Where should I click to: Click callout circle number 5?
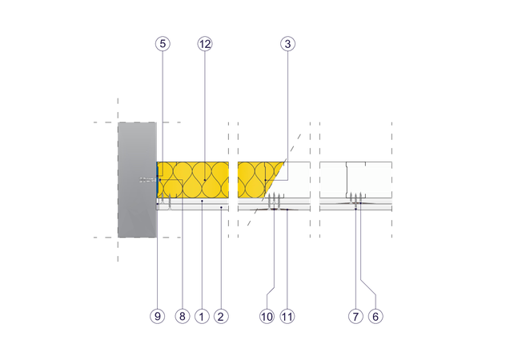pos(163,43)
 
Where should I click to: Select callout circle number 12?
pos(205,43)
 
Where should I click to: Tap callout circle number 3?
pos(288,43)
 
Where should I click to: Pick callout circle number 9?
pos(158,316)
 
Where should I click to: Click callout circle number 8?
pos(183,316)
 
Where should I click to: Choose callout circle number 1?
pos(202,316)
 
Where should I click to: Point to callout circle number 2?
pos(221,316)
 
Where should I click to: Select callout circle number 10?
pos(267,316)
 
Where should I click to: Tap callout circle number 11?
pos(287,316)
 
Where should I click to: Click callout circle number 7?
pos(355,316)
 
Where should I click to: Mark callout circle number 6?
pos(375,316)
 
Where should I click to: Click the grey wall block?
pos(137,180)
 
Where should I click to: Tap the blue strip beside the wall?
pos(158,180)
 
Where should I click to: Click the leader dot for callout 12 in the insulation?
pos(205,180)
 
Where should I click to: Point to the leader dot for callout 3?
pos(266,180)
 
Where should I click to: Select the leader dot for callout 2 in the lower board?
pos(221,207)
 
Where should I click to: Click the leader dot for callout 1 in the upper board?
pos(202,201)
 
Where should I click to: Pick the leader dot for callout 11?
pos(287,210)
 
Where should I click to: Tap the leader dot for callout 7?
pos(355,209)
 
